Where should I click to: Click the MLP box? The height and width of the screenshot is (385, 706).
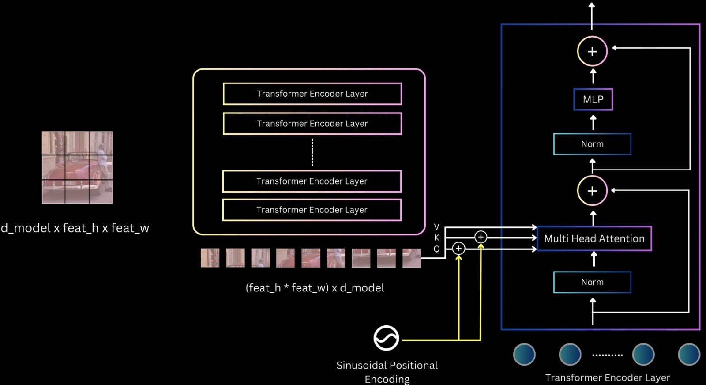click(x=593, y=99)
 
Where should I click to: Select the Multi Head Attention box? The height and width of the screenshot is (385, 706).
click(x=594, y=238)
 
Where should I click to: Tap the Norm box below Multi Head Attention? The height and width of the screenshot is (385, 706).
click(x=592, y=282)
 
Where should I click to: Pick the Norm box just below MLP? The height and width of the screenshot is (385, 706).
click(x=592, y=144)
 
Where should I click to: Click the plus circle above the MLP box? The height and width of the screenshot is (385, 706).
click(x=592, y=51)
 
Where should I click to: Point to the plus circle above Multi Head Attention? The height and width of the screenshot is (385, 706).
click(x=592, y=191)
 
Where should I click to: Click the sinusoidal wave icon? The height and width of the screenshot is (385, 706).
click(x=386, y=338)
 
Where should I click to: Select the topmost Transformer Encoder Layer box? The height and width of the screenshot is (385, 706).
click(x=312, y=94)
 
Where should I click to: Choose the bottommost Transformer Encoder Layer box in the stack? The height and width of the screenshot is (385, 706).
click(x=312, y=210)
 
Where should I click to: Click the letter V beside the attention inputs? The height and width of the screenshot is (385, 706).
click(x=436, y=227)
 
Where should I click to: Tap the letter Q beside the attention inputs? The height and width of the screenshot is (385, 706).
click(x=436, y=249)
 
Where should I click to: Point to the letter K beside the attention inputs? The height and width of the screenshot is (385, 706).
click(x=436, y=238)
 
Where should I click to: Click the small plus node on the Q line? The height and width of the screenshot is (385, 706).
click(x=458, y=249)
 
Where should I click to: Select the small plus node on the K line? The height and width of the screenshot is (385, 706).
click(x=481, y=237)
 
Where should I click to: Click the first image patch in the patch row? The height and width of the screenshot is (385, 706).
click(x=210, y=258)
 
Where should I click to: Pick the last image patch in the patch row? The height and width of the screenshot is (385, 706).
click(x=411, y=258)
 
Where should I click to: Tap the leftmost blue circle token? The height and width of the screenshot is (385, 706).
click(x=524, y=355)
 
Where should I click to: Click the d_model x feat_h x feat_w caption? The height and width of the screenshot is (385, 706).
click(x=75, y=228)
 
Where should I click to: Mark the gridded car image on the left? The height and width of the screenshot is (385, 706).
click(x=77, y=167)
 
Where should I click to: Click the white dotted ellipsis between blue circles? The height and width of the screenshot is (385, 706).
click(x=607, y=355)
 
